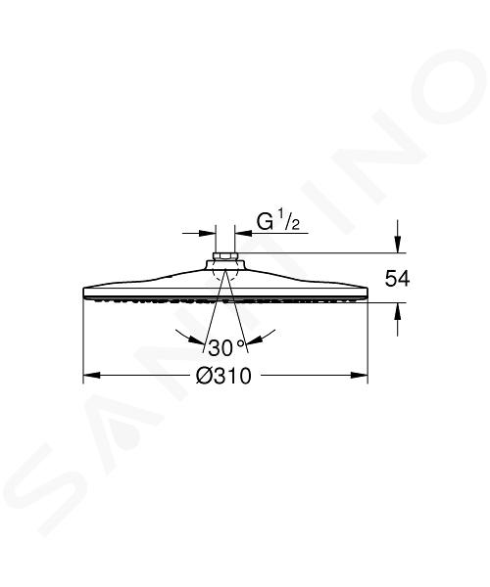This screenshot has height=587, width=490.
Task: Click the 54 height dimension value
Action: (398, 279)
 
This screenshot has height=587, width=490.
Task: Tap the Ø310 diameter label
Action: (223, 376)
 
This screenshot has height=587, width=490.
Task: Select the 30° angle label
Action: (226, 347)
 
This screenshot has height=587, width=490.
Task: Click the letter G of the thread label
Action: (265, 222)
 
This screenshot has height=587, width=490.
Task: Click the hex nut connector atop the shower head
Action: (225, 256)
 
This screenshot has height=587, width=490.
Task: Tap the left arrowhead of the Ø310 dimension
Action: (91, 375)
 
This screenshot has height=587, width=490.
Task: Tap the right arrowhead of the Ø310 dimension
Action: (359, 375)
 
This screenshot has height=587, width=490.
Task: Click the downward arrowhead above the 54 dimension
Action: (398, 245)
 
